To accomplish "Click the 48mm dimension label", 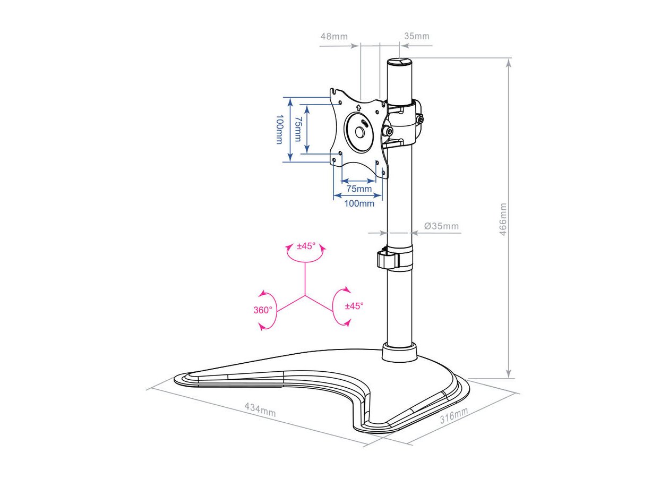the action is [x=334, y=37].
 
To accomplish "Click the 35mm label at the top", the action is [x=417, y=36].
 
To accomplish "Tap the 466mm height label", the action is [x=503, y=219].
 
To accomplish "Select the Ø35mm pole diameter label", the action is [x=441, y=226].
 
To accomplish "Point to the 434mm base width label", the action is [x=260, y=409].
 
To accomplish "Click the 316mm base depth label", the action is [x=453, y=415].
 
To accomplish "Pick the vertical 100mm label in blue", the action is [x=279, y=130].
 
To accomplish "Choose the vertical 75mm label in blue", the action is [x=298, y=129].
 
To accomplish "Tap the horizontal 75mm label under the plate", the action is [x=359, y=189].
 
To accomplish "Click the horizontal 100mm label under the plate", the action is [x=359, y=203].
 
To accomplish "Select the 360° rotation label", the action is [x=263, y=310].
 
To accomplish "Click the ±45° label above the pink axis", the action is [x=306, y=246].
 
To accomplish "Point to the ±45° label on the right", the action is [x=354, y=306].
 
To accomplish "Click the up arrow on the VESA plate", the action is [x=358, y=107].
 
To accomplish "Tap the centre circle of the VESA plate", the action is [x=359, y=132].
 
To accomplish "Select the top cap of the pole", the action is [x=399, y=62].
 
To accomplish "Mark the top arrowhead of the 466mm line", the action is [x=509, y=63].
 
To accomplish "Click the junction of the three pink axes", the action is [x=305, y=296].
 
